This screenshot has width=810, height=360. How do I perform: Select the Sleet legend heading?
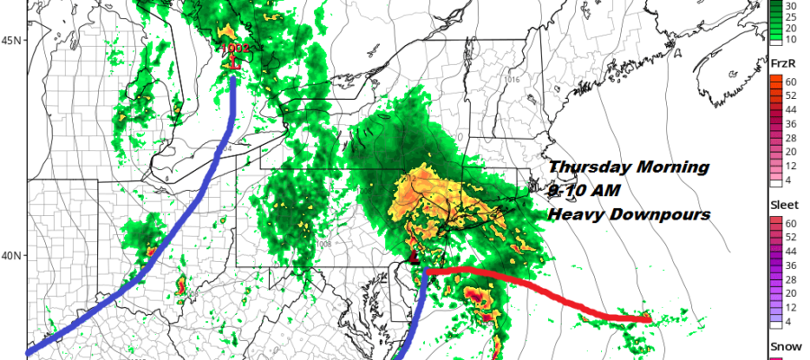click(x=782, y=204)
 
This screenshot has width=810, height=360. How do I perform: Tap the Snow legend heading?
click(x=782, y=347)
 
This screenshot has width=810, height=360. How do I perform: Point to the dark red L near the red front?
click(x=414, y=258)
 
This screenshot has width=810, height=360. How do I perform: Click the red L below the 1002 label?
click(x=235, y=63)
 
